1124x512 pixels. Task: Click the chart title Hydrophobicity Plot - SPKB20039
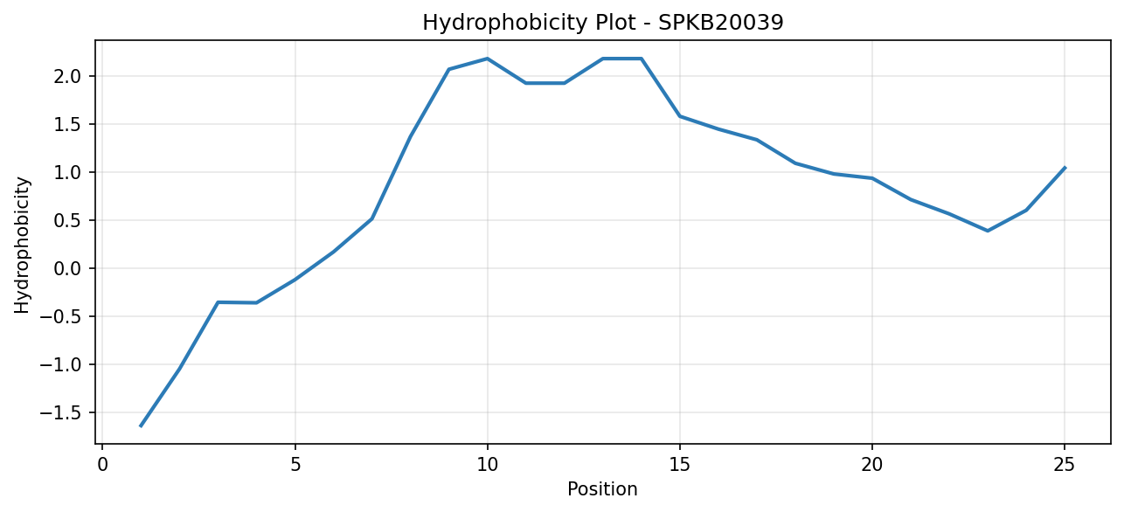(603, 23)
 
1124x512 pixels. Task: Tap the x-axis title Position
(602, 489)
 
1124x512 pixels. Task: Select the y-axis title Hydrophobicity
(22, 246)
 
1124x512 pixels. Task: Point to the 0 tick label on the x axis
(103, 465)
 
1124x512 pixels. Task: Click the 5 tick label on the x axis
(295, 465)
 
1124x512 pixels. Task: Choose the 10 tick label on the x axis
(487, 465)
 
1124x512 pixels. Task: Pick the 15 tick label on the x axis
(680, 465)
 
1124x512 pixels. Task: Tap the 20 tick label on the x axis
(872, 465)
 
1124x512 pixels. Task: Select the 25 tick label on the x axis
(1065, 465)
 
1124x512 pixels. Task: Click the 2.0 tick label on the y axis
(68, 76)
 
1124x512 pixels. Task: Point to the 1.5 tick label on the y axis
(68, 124)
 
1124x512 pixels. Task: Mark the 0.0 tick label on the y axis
(68, 269)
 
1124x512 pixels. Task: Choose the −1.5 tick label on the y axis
(60, 413)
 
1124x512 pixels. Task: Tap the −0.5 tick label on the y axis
(60, 317)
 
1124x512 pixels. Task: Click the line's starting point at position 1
(141, 426)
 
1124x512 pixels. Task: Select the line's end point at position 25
(1065, 168)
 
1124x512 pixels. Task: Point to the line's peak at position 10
(487, 59)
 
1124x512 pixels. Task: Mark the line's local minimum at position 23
(988, 231)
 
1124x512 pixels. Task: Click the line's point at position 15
(680, 116)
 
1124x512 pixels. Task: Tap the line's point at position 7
(371, 218)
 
